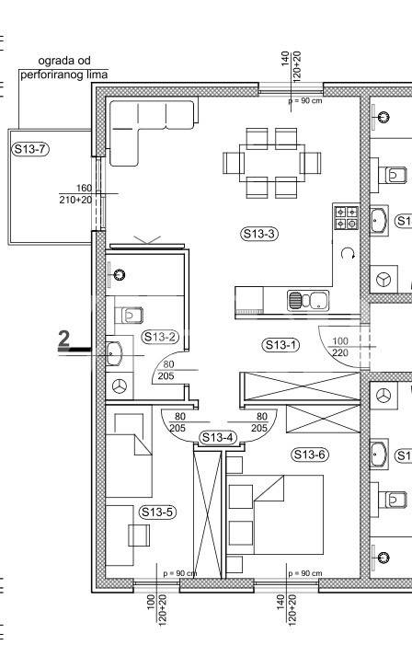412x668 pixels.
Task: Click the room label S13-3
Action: point(258,234)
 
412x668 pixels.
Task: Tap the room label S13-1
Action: point(280,345)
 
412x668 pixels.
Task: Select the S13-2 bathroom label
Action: point(160,337)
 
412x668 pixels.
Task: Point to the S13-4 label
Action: point(217,438)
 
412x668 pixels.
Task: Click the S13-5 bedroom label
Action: point(157,513)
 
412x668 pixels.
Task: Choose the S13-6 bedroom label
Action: point(310,455)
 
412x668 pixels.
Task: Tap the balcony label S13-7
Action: point(29,149)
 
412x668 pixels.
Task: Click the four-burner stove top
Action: point(346,217)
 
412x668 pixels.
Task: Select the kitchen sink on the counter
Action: point(308,300)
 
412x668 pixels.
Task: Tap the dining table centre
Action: point(272,163)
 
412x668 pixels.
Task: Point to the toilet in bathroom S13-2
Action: point(129,316)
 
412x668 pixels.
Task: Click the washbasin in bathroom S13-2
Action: point(114,353)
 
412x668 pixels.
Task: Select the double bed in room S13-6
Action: point(275,514)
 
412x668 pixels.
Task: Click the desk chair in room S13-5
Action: point(139,536)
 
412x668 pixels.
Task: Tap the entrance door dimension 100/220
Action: point(340,347)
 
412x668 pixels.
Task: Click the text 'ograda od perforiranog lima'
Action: point(63,68)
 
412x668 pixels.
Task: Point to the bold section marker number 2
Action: point(63,340)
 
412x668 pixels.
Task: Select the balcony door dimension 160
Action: point(84,188)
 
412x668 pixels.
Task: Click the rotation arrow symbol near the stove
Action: point(348,254)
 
